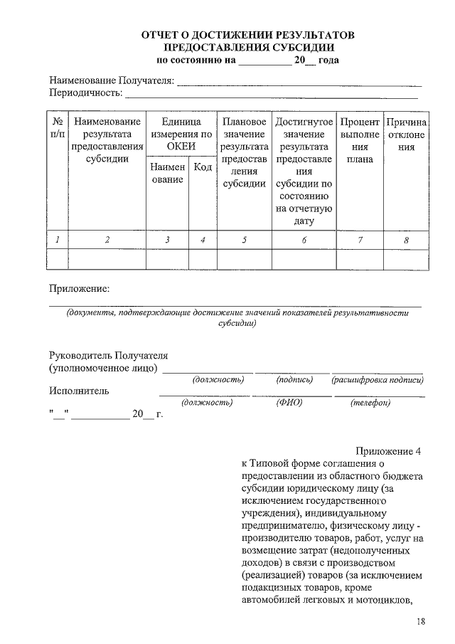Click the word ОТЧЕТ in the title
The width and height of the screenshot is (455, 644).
point(161,35)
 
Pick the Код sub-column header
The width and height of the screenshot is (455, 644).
point(203,167)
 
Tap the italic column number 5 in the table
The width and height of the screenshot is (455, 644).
point(244,241)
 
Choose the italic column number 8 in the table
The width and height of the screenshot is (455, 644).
point(406,241)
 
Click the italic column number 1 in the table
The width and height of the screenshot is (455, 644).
point(57,241)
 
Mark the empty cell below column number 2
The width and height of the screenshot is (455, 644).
point(107,260)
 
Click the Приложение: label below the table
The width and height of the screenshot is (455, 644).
point(79,288)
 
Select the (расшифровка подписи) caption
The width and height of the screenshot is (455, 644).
point(377,381)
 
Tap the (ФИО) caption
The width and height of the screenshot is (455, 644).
point(289,403)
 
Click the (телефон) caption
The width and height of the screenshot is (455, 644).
point(370,403)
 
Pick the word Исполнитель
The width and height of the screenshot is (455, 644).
point(79,391)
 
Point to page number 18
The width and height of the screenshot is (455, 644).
point(420,623)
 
